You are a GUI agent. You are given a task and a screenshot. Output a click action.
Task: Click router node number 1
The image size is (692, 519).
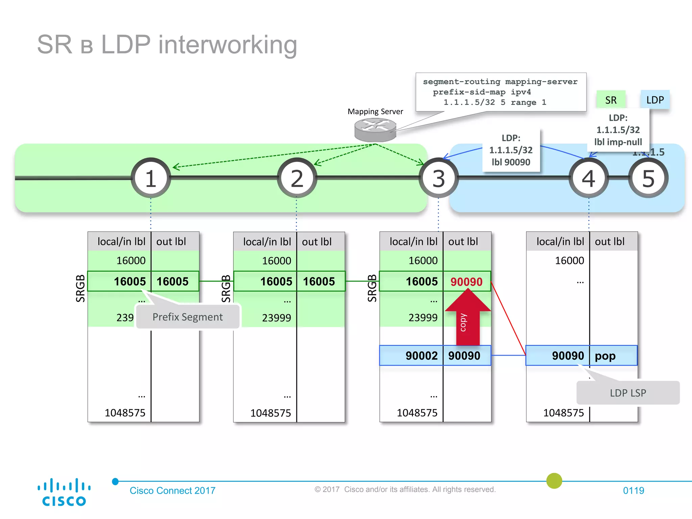pyautogui.click(x=151, y=178)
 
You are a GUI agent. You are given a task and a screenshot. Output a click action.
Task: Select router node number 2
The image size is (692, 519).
pyautogui.click(x=297, y=178)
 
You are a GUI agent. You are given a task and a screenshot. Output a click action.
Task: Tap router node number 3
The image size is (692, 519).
pyautogui.click(x=439, y=178)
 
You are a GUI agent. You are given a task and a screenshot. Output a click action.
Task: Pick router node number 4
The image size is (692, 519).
pyautogui.click(x=589, y=178)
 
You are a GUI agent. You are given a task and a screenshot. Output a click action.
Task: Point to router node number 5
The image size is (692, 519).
pyautogui.click(x=648, y=178)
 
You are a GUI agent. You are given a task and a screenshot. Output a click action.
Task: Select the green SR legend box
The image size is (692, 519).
pyautogui.click(x=611, y=100)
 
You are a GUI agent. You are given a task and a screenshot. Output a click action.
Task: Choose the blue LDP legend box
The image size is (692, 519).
pyautogui.click(x=655, y=100)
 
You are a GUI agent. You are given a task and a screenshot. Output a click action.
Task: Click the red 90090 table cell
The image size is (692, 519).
pyautogui.click(x=467, y=281)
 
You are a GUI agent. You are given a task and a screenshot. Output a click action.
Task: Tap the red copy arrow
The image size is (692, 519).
pyautogui.click(x=468, y=318)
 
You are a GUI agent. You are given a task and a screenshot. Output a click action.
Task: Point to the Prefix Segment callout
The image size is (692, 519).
pyautogui.click(x=188, y=317)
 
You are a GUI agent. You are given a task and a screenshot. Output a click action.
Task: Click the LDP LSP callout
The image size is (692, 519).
pyautogui.click(x=628, y=393)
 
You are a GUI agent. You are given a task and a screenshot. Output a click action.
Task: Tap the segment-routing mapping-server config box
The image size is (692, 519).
pyautogui.click(x=501, y=92)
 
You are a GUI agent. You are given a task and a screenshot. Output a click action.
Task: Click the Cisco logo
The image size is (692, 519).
pyautogui.click(x=64, y=492)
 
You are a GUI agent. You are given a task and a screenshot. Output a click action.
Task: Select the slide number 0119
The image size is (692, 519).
pyautogui.click(x=633, y=490)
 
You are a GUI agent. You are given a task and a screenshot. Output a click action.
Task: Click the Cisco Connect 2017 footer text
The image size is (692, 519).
pyautogui.click(x=172, y=490)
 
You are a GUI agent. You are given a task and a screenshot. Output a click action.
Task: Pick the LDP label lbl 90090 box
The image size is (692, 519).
pyautogui.click(x=511, y=150)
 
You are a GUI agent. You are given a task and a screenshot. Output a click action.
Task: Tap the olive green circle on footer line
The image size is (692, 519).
pyautogui.click(x=554, y=481)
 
